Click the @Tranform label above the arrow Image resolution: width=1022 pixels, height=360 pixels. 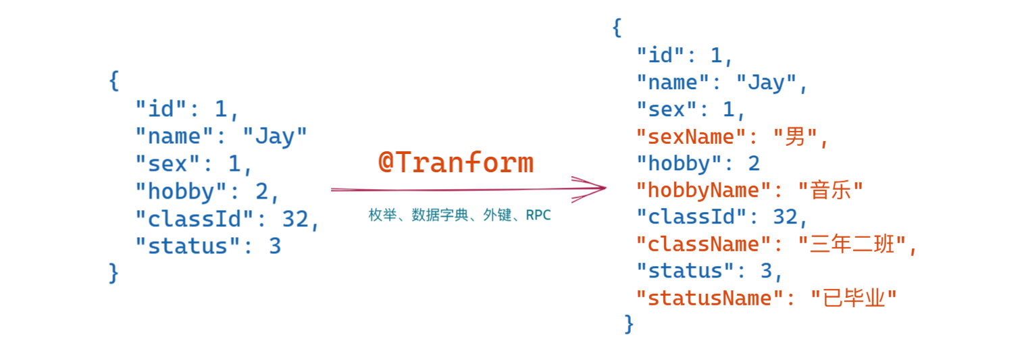(456, 162)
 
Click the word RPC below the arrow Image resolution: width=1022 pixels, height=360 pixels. (538, 215)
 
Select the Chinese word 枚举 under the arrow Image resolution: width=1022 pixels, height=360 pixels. (383, 215)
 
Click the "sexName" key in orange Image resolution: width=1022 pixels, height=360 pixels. (691, 136)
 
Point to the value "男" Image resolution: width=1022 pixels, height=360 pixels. (795, 136)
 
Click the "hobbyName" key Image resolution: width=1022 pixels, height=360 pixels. (703, 190)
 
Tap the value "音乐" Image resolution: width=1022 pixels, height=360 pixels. (831, 190)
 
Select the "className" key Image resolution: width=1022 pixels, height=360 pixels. (703, 244)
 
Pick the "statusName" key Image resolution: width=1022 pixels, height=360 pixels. (709, 298)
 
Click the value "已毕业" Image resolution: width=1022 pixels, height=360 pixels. (854, 298)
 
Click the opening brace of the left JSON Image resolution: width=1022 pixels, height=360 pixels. (114, 81)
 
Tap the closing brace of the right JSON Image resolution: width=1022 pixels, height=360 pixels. (629, 324)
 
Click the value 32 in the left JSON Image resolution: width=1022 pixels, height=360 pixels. (295, 219)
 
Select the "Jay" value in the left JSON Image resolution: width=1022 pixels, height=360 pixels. (275, 136)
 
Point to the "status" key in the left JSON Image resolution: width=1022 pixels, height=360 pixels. (188, 246)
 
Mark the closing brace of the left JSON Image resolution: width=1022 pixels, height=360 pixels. (113, 273)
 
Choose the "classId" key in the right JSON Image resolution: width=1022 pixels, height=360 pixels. (691, 217)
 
